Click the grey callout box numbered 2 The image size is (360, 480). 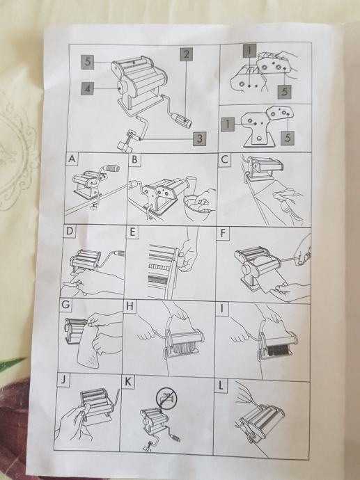click(x=187, y=54)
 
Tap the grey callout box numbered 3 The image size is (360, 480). click(x=199, y=138)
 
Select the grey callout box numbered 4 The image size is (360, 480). click(x=88, y=88)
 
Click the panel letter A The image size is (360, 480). click(x=72, y=159)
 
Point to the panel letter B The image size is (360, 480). click(x=135, y=160)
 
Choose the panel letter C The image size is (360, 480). click(x=225, y=159)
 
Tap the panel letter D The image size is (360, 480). click(x=70, y=230)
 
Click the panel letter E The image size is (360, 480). click(x=132, y=232)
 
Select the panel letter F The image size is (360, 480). click(x=223, y=233)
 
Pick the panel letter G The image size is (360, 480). click(x=65, y=305)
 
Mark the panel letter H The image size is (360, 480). click(x=130, y=306)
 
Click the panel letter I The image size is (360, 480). click(x=222, y=308)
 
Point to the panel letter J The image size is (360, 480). click(x=63, y=380)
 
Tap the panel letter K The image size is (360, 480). click(x=128, y=382)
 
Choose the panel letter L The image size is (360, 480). click(x=221, y=385)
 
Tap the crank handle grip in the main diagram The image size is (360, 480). click(x=181, y=120)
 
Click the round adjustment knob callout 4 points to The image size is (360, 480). click(x=122, y=88)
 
